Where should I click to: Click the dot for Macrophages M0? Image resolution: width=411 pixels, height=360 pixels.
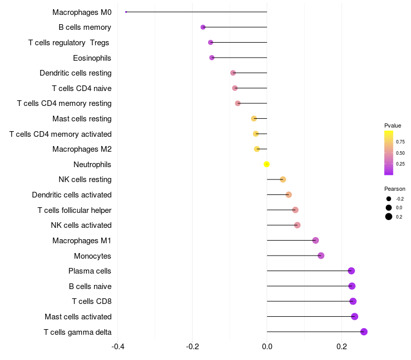coord(126,12)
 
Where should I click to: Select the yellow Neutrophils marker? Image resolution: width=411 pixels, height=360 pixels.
coord(267,164)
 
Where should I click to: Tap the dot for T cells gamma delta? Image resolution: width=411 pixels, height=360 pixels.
coord(364,332)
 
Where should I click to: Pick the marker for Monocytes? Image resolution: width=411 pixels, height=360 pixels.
coord(321,256)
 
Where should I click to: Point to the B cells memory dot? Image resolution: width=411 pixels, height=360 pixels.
coord(203,27)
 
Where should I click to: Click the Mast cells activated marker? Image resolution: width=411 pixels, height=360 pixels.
coord(354,316)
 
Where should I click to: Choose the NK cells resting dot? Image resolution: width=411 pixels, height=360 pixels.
coord(283,179)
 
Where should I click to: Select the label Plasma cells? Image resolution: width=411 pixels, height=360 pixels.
coord(90,271)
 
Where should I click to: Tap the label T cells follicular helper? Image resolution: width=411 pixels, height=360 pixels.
coord(74,210)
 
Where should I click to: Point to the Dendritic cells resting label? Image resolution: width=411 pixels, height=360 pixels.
coord(76,73)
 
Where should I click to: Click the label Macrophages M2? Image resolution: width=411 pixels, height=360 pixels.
coord(82,149)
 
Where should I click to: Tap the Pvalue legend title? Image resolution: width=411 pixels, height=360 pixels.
coord(393,125)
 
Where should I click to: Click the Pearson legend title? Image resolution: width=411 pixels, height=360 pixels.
coord(395,189)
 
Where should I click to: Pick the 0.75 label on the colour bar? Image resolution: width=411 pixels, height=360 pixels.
coord(400,142)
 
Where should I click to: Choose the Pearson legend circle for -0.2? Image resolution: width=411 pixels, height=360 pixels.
coord(389,199)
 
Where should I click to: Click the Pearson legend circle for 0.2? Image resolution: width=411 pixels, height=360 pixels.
coord(389,217)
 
